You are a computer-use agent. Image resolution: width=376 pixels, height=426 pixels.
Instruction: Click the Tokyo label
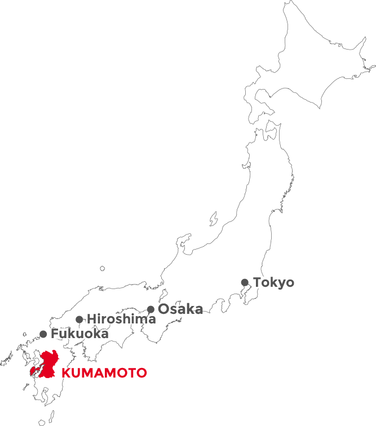[273, 282]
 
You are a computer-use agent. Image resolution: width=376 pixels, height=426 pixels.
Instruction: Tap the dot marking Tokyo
[245, 282]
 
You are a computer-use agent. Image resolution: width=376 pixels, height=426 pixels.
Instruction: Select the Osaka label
[180, 309]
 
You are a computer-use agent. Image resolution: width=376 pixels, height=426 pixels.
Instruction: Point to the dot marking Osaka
[151, 309]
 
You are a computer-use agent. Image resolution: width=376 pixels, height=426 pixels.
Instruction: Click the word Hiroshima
[121, 319]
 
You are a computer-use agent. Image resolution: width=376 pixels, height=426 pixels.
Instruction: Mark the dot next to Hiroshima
[79, 319]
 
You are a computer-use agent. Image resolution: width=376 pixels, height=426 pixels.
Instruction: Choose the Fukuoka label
[79, 334]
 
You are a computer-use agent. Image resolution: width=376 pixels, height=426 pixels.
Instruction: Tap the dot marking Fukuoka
[43, 334]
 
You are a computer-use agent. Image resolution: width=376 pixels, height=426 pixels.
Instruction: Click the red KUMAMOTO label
[104, 373]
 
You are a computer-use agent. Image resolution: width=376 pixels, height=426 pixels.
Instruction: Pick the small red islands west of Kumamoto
[33, 372]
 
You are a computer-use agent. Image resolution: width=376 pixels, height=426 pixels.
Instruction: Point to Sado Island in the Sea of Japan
[214, 218]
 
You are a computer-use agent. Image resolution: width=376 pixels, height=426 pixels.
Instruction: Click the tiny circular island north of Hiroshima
[103, 269]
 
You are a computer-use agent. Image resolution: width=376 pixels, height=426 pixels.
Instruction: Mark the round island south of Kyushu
[43, 421]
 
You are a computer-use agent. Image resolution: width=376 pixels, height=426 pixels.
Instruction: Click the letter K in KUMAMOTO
[65, 373]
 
